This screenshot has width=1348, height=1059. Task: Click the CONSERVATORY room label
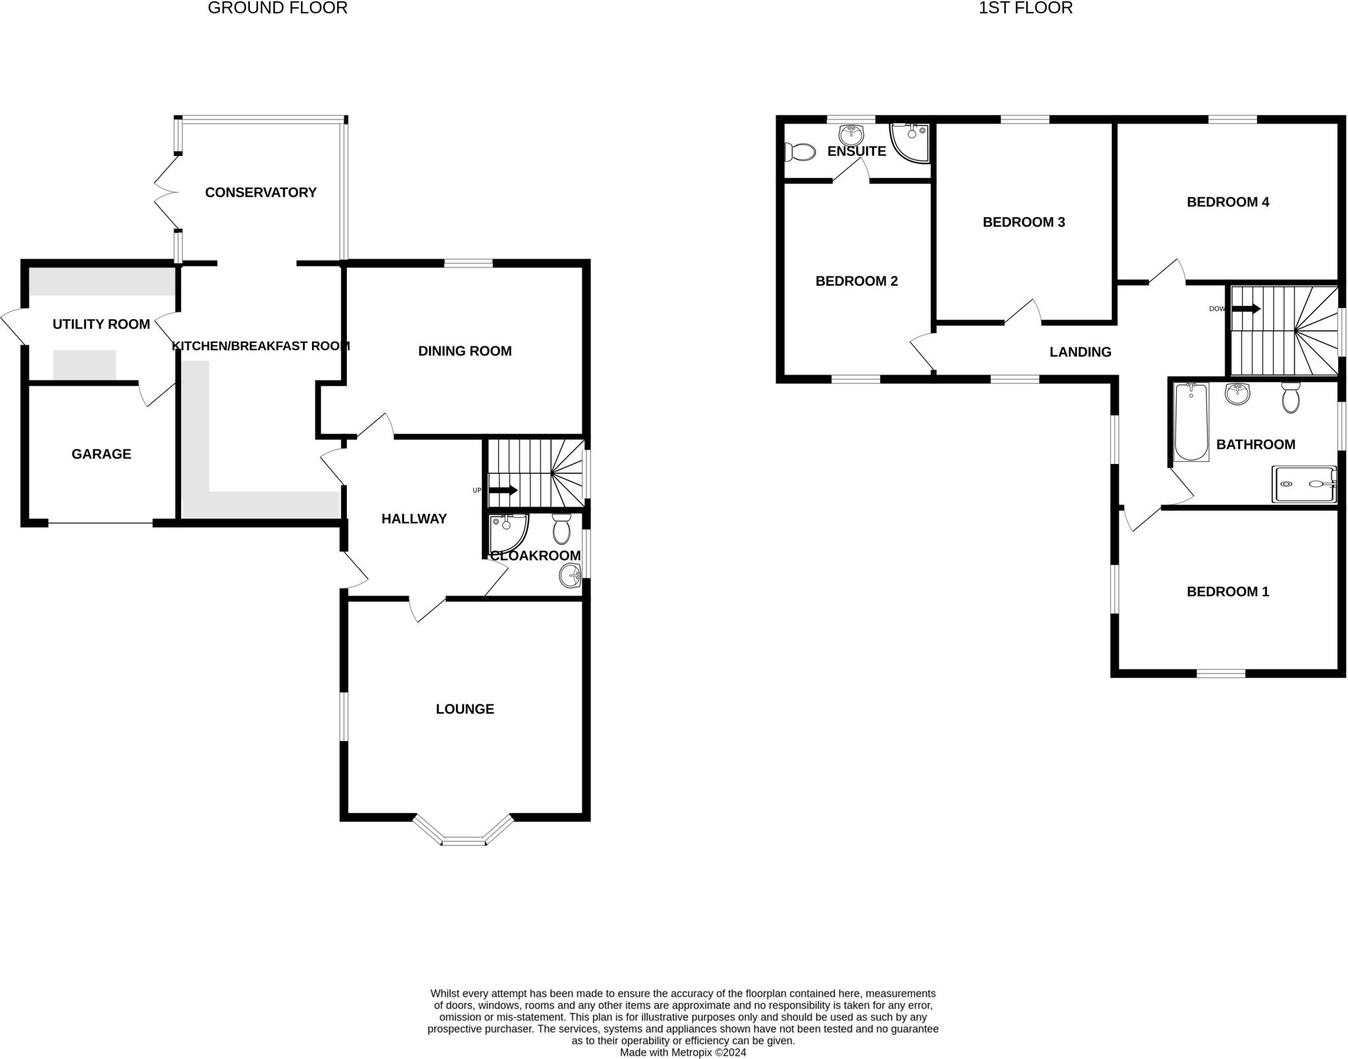click(261, 192)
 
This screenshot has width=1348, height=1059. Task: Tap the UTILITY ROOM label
click(101, 324)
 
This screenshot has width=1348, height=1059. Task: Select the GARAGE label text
click(101, 453)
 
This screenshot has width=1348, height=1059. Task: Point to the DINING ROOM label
click(465, 351)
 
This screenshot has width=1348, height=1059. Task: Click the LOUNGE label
click(465, 709)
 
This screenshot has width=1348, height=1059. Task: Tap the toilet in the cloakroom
click(561, 528)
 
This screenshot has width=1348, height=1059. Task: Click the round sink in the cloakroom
click(569, 577)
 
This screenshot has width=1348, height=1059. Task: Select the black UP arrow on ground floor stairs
click(504, 490)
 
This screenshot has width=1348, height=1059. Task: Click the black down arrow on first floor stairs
click(1246, 308)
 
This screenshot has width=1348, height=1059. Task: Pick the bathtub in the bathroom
click(1191, 421)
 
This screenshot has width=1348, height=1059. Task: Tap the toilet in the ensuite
click(799, 152)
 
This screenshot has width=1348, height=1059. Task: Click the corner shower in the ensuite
click(910, 142)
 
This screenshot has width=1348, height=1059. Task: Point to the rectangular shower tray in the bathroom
click(1304, 484)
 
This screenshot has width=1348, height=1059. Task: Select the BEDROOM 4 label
click(1228, 202)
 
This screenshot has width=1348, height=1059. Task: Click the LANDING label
click(1080, 352)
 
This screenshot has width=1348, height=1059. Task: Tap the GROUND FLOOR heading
click(277, 8)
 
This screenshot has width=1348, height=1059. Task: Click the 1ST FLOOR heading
click(1025, 8)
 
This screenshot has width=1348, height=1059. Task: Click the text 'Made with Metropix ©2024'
click(683, 1052)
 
